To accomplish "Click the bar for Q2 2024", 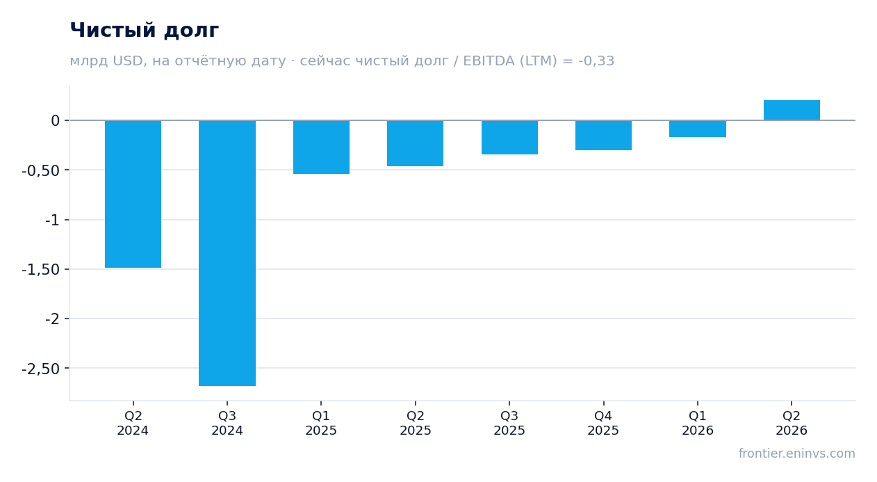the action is [133, 194].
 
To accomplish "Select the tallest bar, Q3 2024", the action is [227, 253].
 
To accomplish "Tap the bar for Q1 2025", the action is [322, 147].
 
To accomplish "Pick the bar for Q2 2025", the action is [416, 143].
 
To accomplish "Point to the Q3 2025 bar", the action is [510, 137].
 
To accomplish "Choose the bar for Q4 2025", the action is [604, 135].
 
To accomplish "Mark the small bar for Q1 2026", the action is [698, 129].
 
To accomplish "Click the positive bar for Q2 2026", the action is [792, 110].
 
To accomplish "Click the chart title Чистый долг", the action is [144, 30].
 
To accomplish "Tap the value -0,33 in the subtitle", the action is [596, 61].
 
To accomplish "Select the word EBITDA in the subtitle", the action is [489, 61].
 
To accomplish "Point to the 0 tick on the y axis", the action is [55, 121].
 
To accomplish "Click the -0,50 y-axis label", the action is [41, 170].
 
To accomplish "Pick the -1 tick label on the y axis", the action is [52, 220].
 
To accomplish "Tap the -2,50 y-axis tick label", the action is [41, 369].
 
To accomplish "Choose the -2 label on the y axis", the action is [52, 319].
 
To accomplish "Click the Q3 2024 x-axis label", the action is [227, 423].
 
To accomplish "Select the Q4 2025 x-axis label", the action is [603, 423].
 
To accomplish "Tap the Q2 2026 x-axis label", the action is [792, 423].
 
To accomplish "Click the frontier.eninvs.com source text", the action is [797, 453].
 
